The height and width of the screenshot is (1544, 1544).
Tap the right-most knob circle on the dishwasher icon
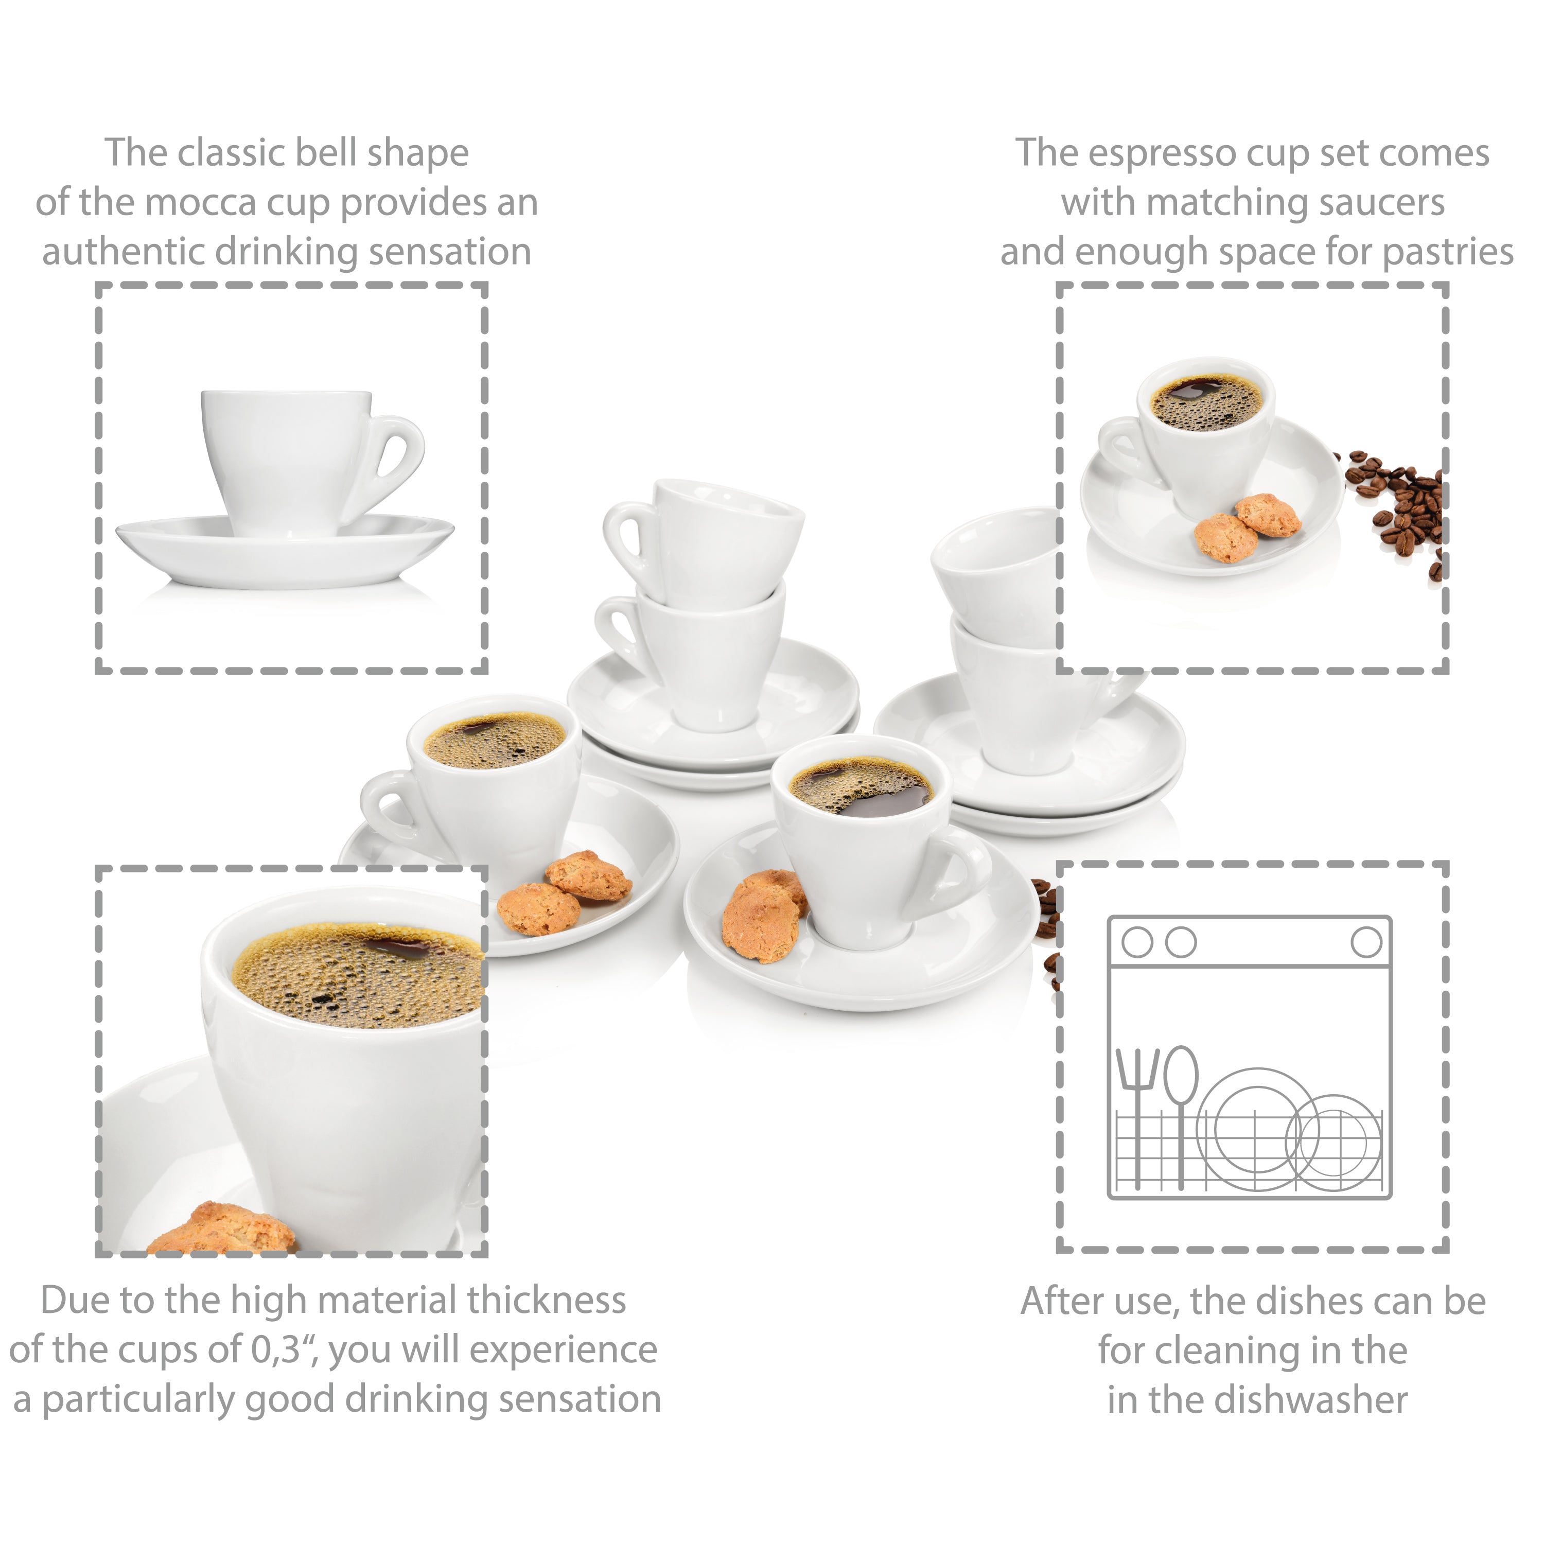pos(1366,942)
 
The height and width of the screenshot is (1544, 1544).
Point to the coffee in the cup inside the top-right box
pos(1206,402)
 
